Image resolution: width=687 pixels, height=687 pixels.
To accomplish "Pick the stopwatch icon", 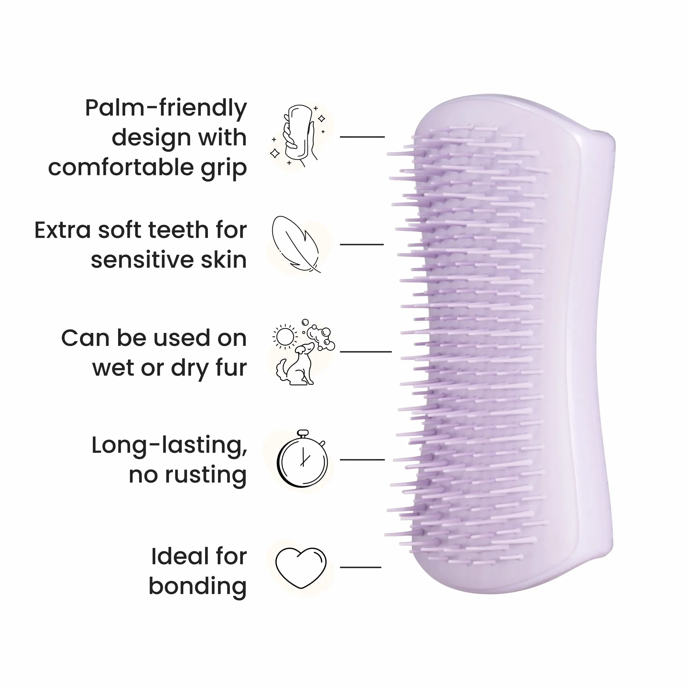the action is pyautogui.click(x=302, y=458).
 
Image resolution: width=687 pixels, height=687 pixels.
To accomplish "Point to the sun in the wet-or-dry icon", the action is pyautogui.click(x=285, y=336).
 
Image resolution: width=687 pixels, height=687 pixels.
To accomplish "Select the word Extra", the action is pyautogui.click(x=63, y=230).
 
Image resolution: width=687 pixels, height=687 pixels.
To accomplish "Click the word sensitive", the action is pyautogui.click(x=142, y=260).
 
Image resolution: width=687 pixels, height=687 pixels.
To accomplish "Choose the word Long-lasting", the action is pyautogui.click(x=169, y=446).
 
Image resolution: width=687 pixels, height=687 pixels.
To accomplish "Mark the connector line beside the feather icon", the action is pyautogui.click(x=362, y=245).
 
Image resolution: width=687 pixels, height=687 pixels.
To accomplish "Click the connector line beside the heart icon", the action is pyautogui.click(x=361, y=567).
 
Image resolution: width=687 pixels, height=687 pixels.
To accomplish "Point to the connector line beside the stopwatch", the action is pyautogui.click(x=362, y=460).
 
